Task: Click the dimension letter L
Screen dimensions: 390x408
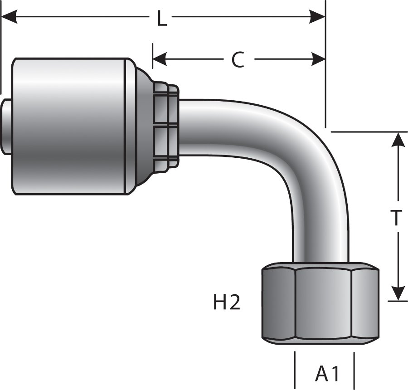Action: point(161,19)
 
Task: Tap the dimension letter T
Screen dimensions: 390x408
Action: point(396,218)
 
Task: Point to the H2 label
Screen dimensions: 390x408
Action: point(226,303)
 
